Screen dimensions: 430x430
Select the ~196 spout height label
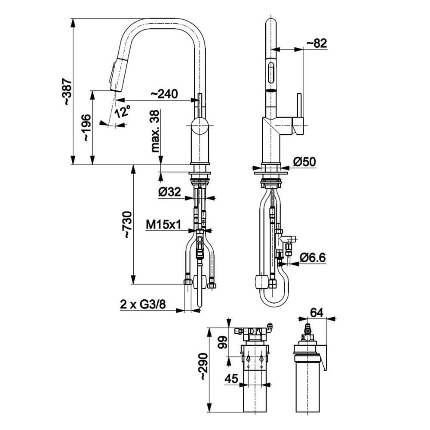tap(86, 128)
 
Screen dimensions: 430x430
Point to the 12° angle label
tap(123, 112)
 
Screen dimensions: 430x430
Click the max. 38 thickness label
tap(155, 131)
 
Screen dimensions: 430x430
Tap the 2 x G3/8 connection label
tap(143, 304)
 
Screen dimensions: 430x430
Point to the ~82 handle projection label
tap(316, 43)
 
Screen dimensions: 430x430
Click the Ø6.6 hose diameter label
tap(313, 258)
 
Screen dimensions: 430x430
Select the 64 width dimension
tap(316, 312)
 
